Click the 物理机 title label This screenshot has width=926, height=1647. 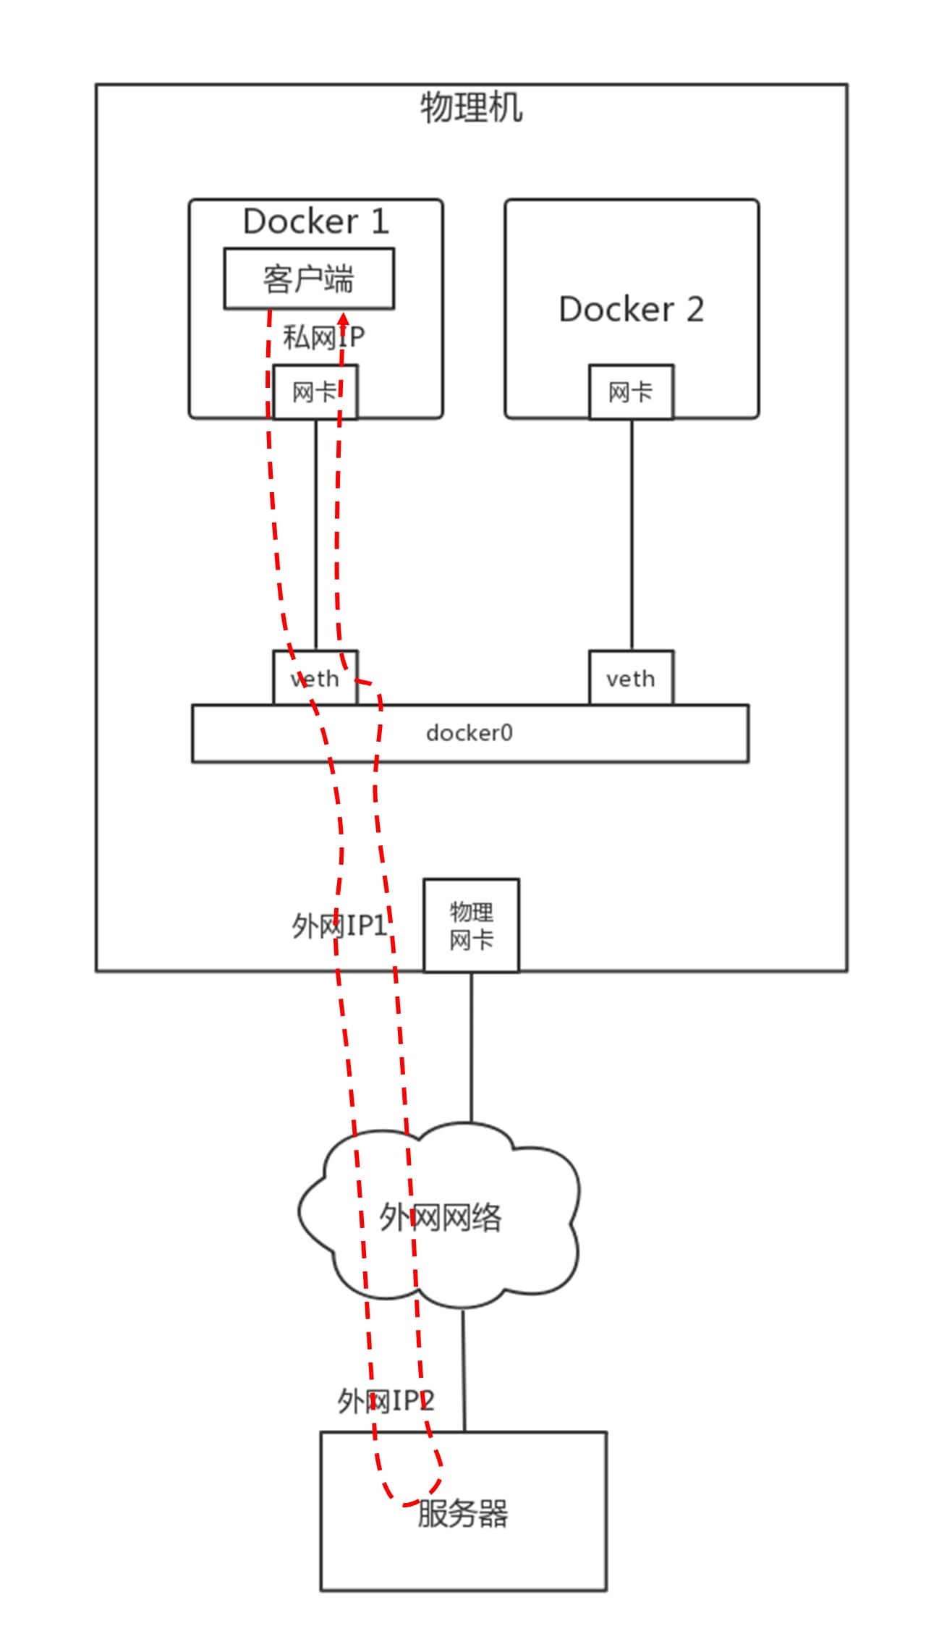(471, 108)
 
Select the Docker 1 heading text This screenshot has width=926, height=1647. (316, 221)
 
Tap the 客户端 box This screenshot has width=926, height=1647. (309, 279)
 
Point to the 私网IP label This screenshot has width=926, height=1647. (323, 337)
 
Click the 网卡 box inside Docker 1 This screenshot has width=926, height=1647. (315, 392)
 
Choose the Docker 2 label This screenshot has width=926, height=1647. (631, 310)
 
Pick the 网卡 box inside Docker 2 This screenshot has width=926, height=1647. (631, 392)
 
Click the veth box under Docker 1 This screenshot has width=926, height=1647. (315, 678)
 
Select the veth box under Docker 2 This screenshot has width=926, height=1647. (631, 678)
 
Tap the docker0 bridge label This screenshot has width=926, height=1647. (469, 733)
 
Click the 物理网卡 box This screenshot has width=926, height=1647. (471, 926)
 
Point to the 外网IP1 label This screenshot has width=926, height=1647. (339, 926)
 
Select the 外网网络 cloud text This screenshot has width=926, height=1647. (440, 1217)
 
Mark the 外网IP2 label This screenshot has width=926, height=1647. (385, 1401)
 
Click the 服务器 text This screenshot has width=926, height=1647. (463, 1514)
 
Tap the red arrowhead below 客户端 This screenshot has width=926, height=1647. (344, 319)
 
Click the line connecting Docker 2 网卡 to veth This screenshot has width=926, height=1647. (632, 535)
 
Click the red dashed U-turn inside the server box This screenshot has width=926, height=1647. (409, 1501)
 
